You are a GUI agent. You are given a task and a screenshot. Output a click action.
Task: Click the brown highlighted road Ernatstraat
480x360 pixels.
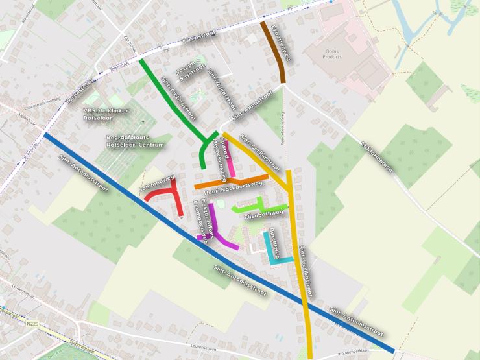coord(275,52)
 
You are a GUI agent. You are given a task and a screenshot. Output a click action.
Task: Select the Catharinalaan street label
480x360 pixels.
coord(377,156)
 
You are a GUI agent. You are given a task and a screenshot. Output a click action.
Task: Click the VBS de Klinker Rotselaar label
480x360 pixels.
coord(107,114)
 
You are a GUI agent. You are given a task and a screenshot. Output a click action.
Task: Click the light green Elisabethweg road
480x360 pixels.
coord(259,207)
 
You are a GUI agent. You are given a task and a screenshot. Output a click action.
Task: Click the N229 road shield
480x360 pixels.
coord(33,322)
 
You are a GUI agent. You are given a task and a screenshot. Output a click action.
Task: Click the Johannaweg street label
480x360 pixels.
coord(156,184)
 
